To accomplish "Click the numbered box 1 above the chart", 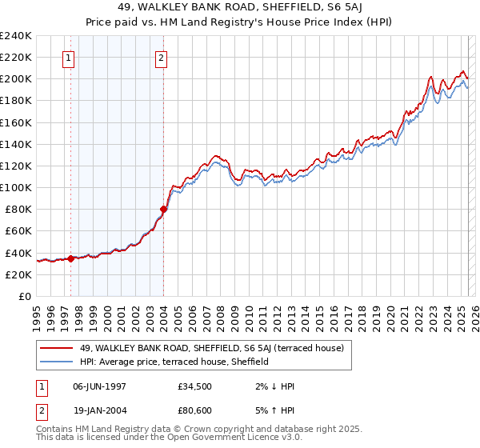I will click(68, 58).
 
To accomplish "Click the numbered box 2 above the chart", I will click(161, 58).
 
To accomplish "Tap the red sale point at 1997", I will click(70, 258).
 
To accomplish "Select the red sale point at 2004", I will click(163, 209).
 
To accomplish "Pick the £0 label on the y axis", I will click(24, 296).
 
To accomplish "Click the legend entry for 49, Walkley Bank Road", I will click(211, 348).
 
